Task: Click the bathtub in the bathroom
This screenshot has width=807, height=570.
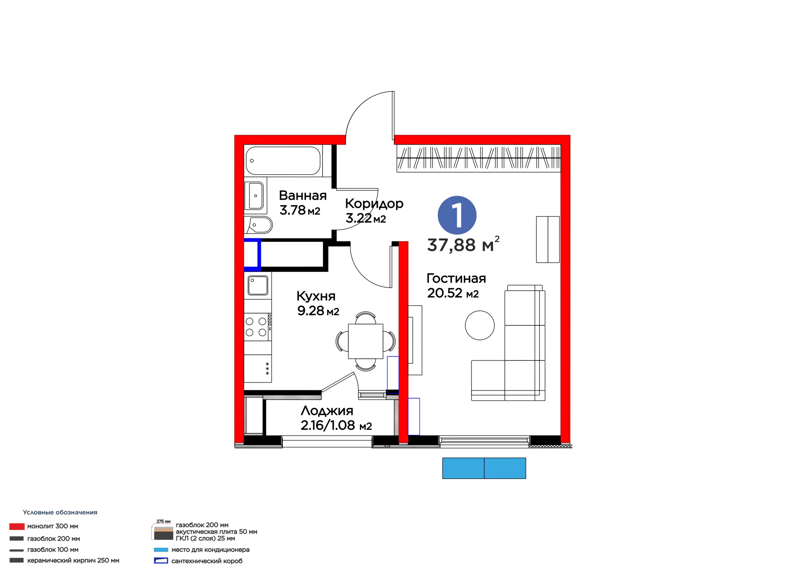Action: [283, 161]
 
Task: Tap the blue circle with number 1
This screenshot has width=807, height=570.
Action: [457, 215]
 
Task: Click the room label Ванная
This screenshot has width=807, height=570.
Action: [303, 196]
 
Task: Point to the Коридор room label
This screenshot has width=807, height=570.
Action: [374, 204]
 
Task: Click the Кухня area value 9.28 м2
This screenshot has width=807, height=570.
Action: [318, 311]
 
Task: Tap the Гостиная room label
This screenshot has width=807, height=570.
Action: [456, 278]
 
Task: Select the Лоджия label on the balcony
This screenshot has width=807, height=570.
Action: [327, 411]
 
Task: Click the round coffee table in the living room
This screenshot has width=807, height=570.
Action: [480, 325]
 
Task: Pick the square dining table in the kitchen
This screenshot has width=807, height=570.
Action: [366, 341]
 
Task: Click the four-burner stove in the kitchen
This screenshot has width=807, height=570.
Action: [258, 327]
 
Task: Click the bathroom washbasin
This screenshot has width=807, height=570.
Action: [256, 196]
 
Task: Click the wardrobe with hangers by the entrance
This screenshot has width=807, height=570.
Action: [478, 158]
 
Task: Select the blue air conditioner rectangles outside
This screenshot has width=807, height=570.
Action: [484, 468]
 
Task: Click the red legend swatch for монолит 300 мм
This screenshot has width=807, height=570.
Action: [17, 527]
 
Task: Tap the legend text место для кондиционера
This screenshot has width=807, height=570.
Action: [210, 550]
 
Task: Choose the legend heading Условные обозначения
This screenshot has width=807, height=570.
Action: [60, 512]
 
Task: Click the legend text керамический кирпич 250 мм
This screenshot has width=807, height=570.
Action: [73, 561]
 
